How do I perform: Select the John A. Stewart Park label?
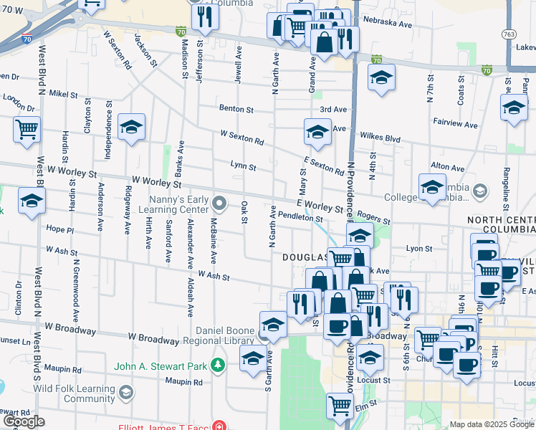click(x=164, y=367)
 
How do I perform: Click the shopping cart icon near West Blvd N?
click(x=27, y=130)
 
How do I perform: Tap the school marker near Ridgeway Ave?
click(x=131, y=128)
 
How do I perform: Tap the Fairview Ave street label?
click(x=455, y=124)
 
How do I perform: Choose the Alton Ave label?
click(x=448, y=167)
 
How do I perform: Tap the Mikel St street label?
click(x=63, y=94)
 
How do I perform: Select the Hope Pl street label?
click(x=60, y=230)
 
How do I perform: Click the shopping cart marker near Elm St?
click(x=340, y=406)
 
